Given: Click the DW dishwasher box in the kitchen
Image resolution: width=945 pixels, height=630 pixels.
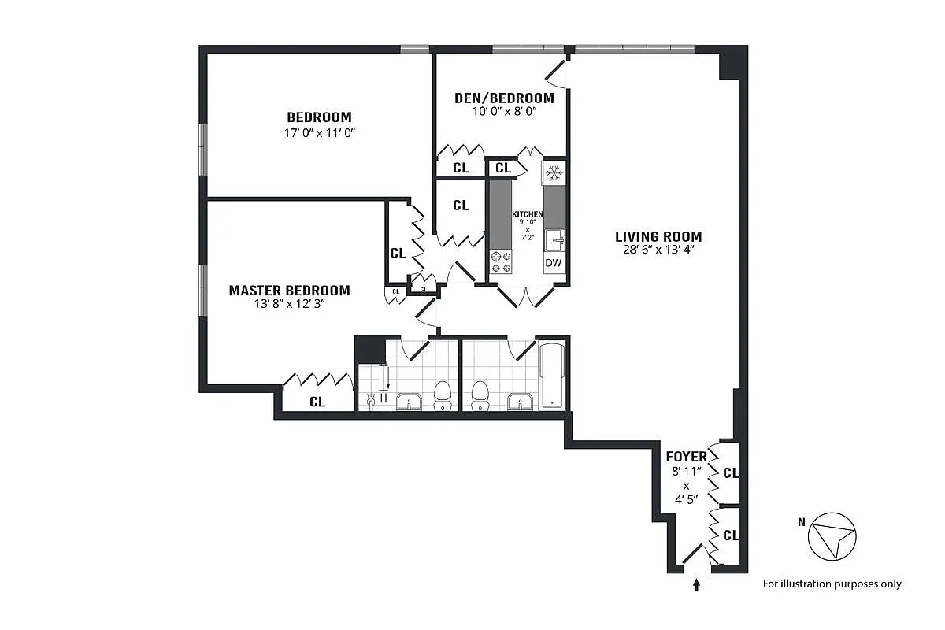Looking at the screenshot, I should click(x=554, y=263).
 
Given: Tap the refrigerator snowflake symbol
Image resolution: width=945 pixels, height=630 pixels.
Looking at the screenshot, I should click(x=554, y=172).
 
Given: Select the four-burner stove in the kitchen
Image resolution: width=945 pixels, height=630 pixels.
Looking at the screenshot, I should click(x=501, y=261).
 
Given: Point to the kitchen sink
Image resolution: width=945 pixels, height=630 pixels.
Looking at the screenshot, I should click(x=554, y=239).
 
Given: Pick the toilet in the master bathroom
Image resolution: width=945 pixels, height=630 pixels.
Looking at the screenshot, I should click(x=443, y=395).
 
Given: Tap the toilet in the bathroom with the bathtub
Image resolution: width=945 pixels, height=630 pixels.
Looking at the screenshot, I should click(x=480, y=395).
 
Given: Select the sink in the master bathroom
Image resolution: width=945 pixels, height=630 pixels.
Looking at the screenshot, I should click(x=409, y=402).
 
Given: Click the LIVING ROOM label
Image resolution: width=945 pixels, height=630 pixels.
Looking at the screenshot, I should click(x=658, y=236).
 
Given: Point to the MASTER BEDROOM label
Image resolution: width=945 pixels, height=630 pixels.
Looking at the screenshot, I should click(x=289, y=291).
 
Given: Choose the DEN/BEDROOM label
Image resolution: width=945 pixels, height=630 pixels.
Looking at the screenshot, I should click(x=504, y=98).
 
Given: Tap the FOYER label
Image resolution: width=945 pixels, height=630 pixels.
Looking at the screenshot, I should click(x=686, y=457).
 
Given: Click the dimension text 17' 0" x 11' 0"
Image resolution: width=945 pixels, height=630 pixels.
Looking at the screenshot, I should click(x=320, y=133).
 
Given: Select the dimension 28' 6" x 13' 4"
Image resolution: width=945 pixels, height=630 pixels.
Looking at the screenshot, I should click(x=658, y=250).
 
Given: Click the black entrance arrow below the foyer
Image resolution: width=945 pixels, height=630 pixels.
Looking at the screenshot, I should click(x=696, y=584).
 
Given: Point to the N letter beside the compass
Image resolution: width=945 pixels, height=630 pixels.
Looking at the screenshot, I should click(x=801, y=521).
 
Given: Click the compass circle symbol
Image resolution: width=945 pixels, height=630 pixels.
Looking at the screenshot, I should click(x=832, y=537).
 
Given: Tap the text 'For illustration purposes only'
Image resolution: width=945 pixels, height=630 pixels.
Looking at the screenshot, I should click(x=832, y=584).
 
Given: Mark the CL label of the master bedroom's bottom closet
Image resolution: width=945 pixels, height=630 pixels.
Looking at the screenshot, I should click(x=317, y=402).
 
